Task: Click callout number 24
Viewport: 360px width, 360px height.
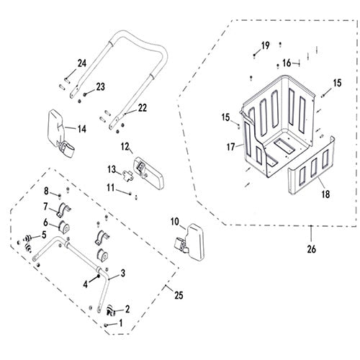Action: click(x=81, y=63)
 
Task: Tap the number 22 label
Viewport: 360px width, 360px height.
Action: click(x=143, y=108)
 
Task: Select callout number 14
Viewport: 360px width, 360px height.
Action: click(x=82, y=129)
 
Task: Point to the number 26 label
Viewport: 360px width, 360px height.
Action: click(x=311, y=249)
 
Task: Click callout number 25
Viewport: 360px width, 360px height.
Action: click(x=179, y=295)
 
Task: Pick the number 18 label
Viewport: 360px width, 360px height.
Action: click(x=325, y=194)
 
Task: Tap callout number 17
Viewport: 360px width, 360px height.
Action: click(x=230, y=147)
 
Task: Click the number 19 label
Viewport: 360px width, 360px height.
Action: click(x=265, y=45)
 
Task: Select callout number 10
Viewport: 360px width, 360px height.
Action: click(x=175, y=222)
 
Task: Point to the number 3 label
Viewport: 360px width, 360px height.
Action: click(x=122, y=273)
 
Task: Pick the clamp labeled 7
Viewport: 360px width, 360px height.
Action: click(x=63, y=210)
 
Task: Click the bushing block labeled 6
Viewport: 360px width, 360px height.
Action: click(x=63, y=227)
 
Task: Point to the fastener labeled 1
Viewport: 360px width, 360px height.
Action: click(x=106, y=325)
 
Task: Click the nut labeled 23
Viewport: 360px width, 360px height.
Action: click(x=85, y=94)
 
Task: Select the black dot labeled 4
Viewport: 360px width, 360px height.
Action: click(x=98, y=276)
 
